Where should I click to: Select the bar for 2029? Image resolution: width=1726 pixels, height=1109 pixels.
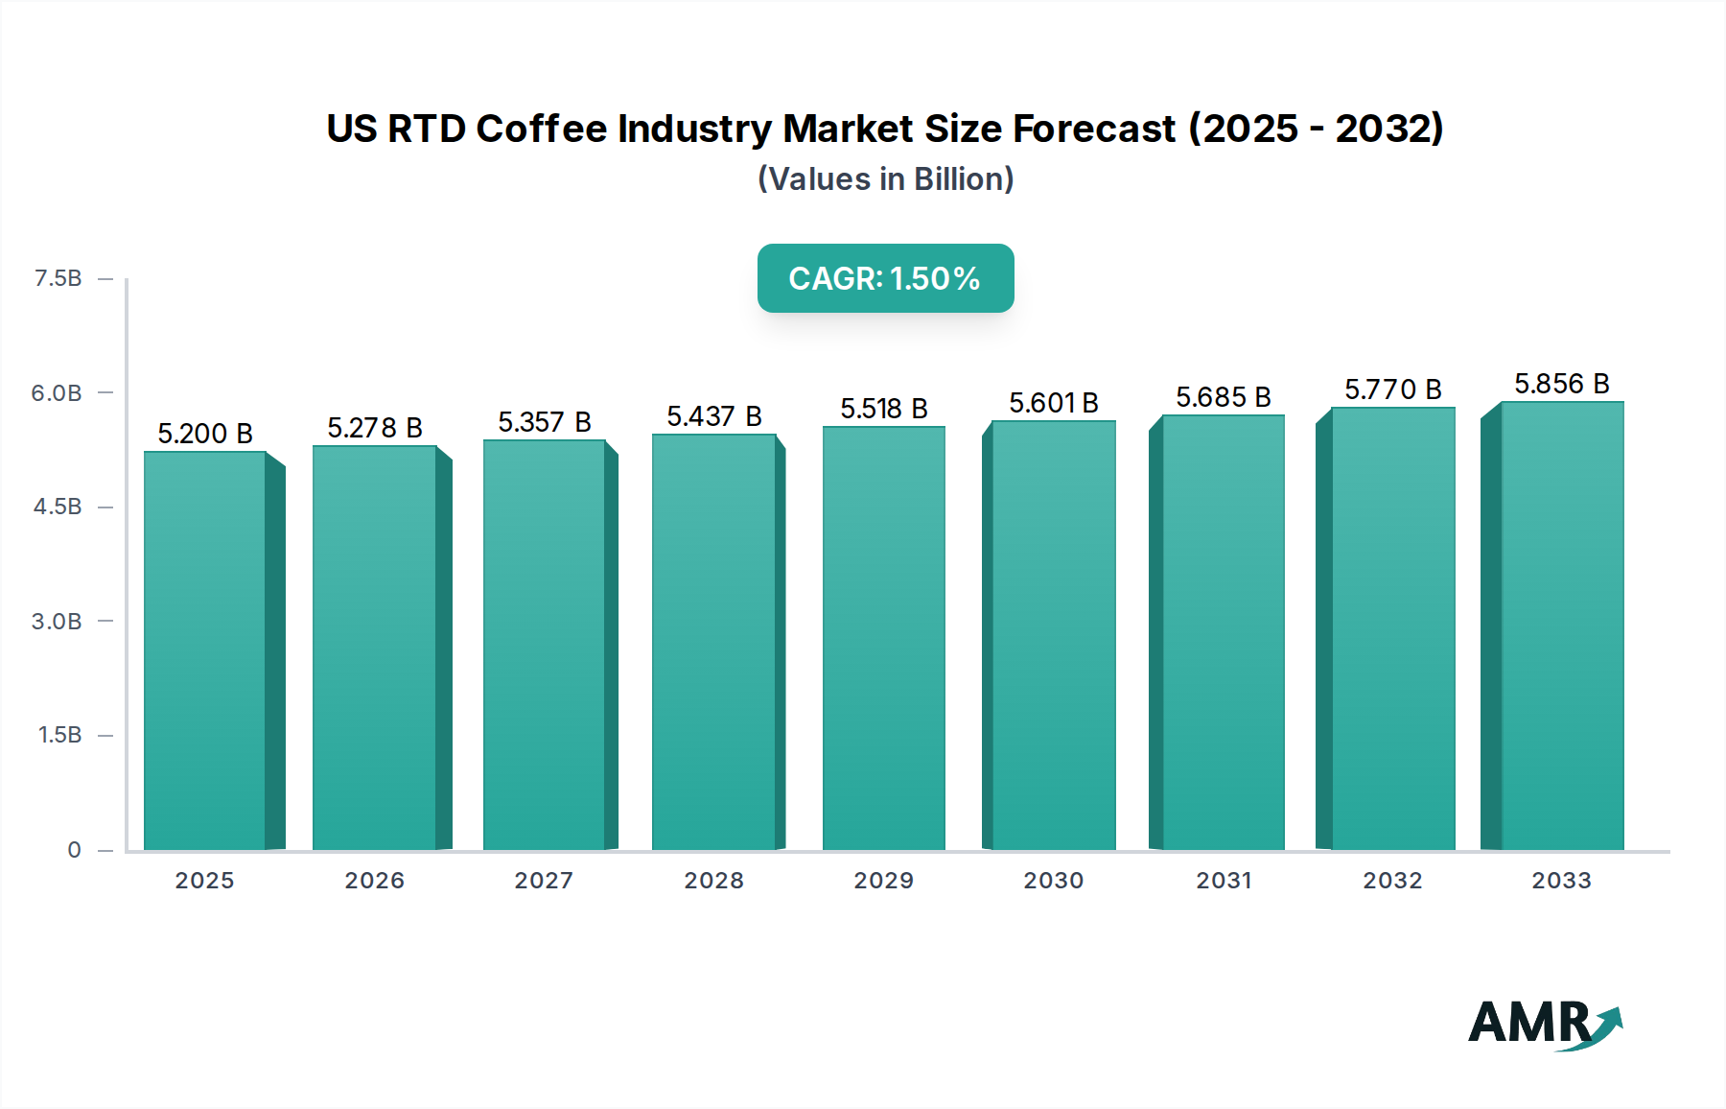pyautogui.click(x=883, y=638)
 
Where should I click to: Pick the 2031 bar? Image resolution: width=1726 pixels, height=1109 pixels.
pyautogui.click(x=1223, y=632)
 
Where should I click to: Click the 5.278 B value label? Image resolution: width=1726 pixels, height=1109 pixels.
pyautogui.click(x=375, y=428)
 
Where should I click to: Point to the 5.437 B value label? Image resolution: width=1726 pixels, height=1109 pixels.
pyautogui.click(x=714, y=416)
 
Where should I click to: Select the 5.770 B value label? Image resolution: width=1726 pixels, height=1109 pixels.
pyautogui.click(x=1392, y=389)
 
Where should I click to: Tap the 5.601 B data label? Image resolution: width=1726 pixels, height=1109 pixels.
pyautogui.click(x=1053, y=403)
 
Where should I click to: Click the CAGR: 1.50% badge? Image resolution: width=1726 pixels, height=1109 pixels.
pyautogui.click(x=885, y=278)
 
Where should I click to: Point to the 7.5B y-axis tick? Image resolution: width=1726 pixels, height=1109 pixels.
pyautogui.click(x=58, y=278)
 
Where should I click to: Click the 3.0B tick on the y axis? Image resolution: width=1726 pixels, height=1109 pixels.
pyautogui.click(x=57, y=621)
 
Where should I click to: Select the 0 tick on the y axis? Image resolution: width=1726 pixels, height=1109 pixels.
pyautogui.click(x=74, y=849)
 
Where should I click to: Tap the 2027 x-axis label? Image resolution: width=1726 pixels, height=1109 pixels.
pyautogui.click(x=544, y=880)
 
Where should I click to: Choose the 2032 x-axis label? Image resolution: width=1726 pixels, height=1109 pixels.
pyautogui.click(x=1392, y=880)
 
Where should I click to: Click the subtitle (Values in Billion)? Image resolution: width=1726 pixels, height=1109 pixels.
pyautogui.click(x=885, y=179)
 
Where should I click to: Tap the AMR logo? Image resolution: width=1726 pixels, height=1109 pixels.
pyautogui.click(x=1544, y=1024)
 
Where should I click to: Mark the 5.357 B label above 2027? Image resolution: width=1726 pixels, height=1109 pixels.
pyautogui.click(x=544, y=422)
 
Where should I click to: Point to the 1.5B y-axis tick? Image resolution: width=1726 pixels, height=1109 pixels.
pyautogui.click(x=59, y=735)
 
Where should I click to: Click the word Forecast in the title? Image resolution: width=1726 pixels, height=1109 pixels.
pyautogui.click(x=1094, y=129)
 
